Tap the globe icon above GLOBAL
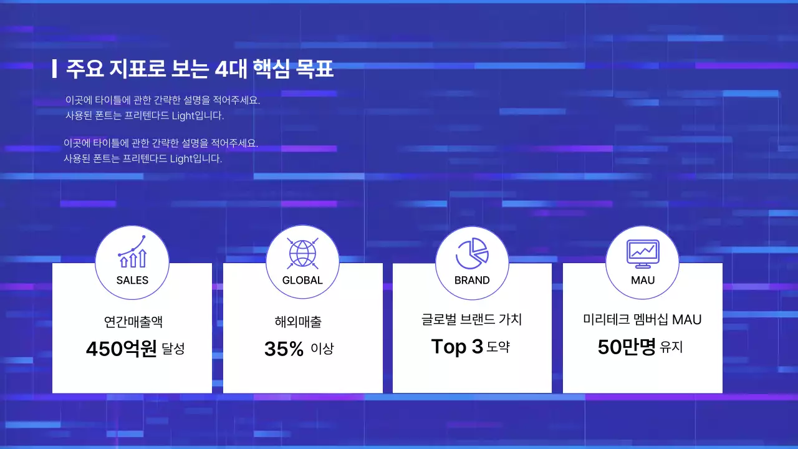[302, 252]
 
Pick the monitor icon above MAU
[643, 252]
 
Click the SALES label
[132, 280]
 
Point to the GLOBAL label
[302, 280]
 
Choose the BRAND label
[472, 280]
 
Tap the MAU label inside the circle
[643, 280]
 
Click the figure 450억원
[121, 349]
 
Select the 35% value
[284, 349]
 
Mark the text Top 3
[457, 347]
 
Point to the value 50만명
[627, 347]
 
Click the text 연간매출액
[133, 322]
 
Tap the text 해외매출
[298, 322]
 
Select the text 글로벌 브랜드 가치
[471, 320]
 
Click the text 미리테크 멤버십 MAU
[642, 320]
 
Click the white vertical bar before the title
[54, 69]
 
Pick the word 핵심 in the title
[272, 69]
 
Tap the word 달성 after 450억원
[173, 349]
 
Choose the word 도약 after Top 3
[498, 347]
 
